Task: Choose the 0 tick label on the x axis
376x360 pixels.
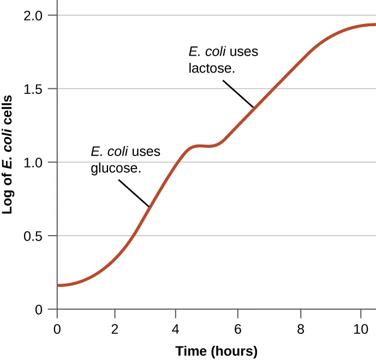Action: [x=57, y=329]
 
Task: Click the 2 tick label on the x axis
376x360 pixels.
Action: [x=115, y=329]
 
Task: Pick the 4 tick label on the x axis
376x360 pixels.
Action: [x=175, y=329]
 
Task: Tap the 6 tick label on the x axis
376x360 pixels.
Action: [x=237, y=329]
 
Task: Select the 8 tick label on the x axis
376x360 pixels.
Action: [x=300, y=329]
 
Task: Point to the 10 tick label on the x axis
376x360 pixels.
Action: [x=360, y=329]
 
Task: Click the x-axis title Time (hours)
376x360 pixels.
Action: [x=216, y=350]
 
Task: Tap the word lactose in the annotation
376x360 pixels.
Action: [x=211, y=69]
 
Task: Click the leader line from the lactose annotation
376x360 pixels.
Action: [x=238, y=94]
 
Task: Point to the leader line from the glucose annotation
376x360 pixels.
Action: [x=134, y=191]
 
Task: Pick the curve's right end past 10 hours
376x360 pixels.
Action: [x=374, y=25]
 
